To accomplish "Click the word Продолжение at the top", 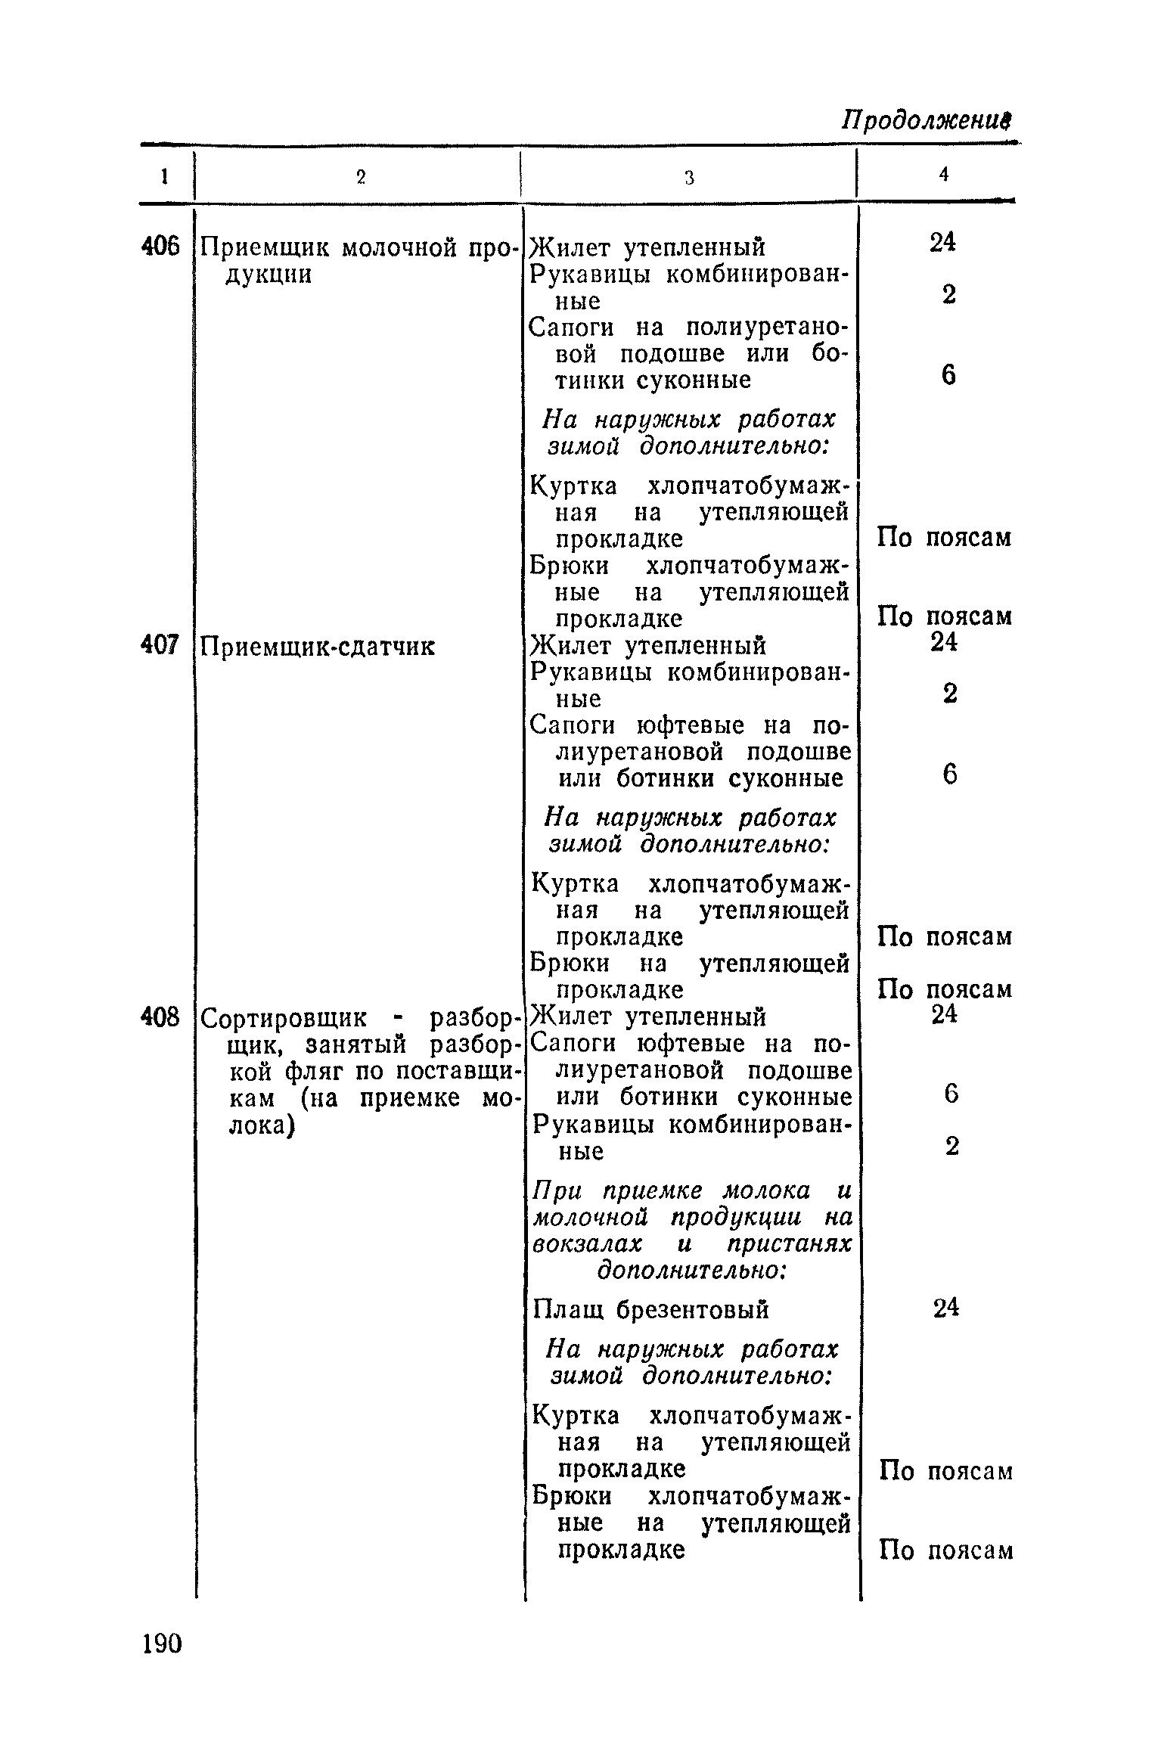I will [928, 121].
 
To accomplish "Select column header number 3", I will [689, 177].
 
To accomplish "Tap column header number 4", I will [943, 175].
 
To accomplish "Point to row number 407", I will [161, 645].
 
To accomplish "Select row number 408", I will [161, 1017].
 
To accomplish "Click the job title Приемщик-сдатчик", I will [318, 647].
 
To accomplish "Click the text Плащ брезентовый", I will [650, 1309].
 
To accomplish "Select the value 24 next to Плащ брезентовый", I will [945, 1307].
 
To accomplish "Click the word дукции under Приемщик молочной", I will [269, 274].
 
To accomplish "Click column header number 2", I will [361, 177].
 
